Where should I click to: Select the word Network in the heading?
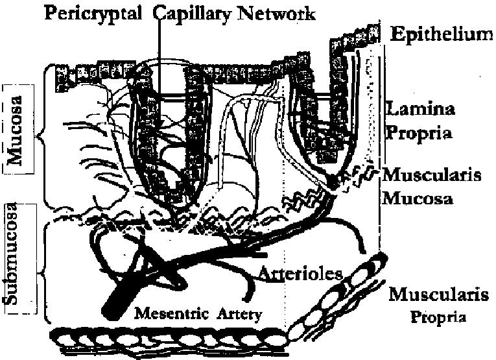275,13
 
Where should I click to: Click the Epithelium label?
440,34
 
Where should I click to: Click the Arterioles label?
300,273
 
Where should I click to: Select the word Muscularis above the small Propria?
438,296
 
